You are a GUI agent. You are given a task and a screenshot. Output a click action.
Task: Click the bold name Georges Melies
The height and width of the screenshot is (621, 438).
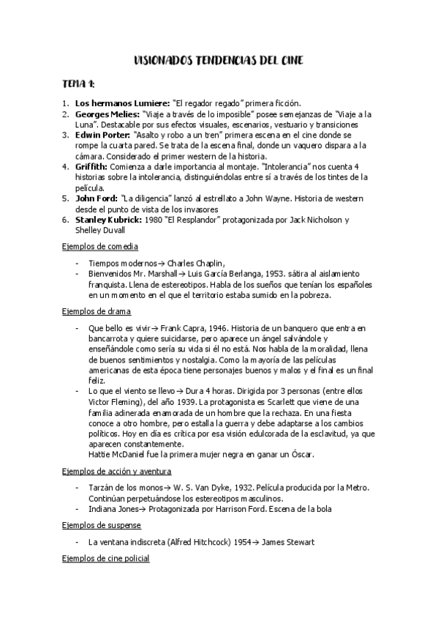coord(105,114)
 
